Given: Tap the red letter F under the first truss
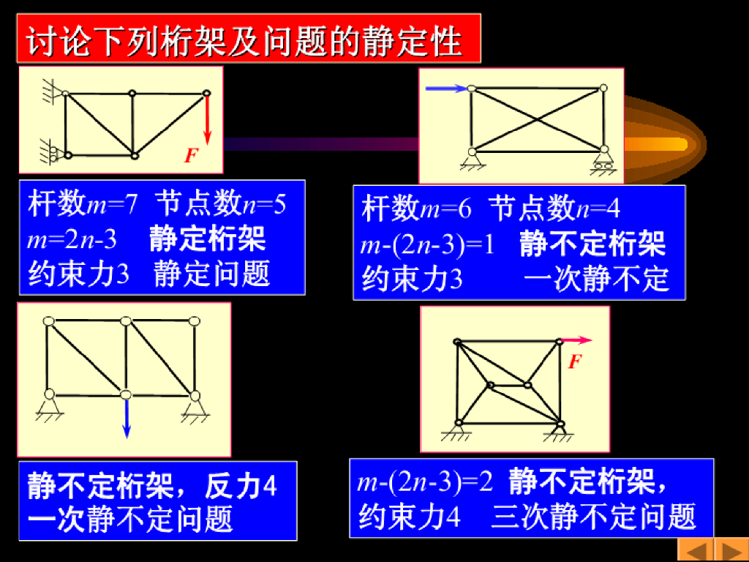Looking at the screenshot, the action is (x=191, y=155).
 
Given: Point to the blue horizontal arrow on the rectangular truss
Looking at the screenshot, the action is (x=446, y=89).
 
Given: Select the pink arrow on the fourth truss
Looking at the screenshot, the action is (x=577, y=340).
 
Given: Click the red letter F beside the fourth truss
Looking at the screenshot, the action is (x=575, y=361).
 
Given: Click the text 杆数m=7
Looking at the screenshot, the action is (x=83, y=204).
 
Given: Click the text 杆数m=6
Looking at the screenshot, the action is (x=416, y=209).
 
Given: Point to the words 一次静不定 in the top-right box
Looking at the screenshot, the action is (x=596, y=279).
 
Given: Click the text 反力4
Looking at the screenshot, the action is (x=241, y=486).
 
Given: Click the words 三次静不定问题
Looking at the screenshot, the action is (x=593, y=517).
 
